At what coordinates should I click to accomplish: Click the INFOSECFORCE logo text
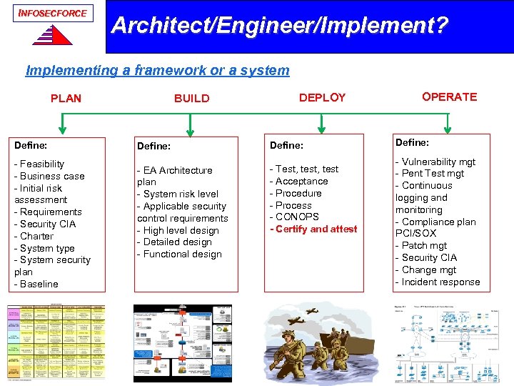[x=53, y=13]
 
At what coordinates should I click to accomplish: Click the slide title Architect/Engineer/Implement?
[x=280, y=26]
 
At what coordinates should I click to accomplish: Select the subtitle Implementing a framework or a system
[x=157, y=70]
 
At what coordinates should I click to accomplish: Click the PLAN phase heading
[x=66, y=98]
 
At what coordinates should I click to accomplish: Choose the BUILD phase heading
[x=192, y=99]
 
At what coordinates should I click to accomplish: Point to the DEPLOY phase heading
[x=322, y=97]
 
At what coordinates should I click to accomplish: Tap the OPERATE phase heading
[x=449, y=96]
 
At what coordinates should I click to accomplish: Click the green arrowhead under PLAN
[x=64, y=131]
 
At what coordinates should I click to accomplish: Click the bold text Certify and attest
[x=314, y=229]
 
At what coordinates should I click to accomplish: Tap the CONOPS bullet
[x=296, y=217]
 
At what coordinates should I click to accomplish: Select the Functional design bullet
[x=181, y=254]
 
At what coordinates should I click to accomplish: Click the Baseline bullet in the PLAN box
[x=38, y=284]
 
